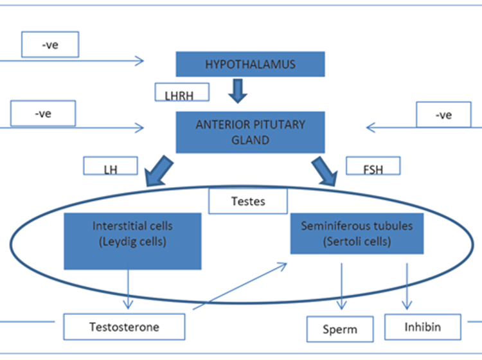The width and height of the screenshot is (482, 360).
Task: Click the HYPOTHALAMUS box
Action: (x=249, y=64)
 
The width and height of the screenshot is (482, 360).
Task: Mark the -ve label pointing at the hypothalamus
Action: (x=50, y=45)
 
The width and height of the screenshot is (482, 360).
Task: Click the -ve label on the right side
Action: (x=443, y=115)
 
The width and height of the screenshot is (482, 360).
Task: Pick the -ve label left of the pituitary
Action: (x=43, y=114)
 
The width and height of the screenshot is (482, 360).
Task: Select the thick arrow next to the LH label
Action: (x=159, y=170)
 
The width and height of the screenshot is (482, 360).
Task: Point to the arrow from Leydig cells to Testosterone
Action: (x=130, y=289)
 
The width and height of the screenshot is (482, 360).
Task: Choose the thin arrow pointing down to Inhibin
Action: (x=407, y=286)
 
